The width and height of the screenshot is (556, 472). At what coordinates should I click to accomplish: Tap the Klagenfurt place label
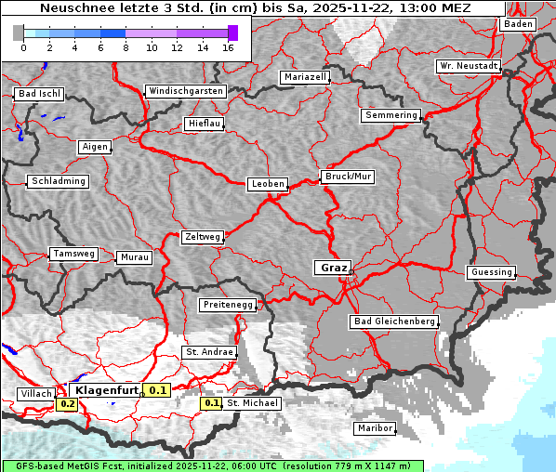click(x=107, y=391)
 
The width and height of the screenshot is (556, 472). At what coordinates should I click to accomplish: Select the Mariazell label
click(x=305, y=77)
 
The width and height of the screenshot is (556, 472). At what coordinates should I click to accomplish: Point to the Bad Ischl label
click(x=39, y=94)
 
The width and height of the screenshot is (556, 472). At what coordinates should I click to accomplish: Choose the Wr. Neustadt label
click(x=469, y=67)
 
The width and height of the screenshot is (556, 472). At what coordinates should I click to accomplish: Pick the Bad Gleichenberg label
click(x=394, y=321)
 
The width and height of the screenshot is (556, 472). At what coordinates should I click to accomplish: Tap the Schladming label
click(x=59, y=181)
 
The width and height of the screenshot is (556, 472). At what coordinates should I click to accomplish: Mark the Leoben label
click(x=268, y=184)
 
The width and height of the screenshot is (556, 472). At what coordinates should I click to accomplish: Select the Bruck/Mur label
click(x=348, y=176)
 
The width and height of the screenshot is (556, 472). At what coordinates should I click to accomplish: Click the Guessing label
click(x=491, y=272)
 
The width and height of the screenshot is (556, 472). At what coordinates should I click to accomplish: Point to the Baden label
click(x=518, y=24)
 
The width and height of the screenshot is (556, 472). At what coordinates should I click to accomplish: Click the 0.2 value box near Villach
click(x=68, y=404)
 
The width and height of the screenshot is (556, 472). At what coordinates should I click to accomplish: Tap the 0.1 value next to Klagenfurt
click(x=158, y=391)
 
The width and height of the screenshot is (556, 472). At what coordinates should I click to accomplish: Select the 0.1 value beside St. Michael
click(x=212, y=403)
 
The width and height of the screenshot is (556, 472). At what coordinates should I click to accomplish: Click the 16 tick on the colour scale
click(x=227, y=47)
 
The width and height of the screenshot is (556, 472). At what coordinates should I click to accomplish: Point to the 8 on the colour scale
click(x=125, y=47)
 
